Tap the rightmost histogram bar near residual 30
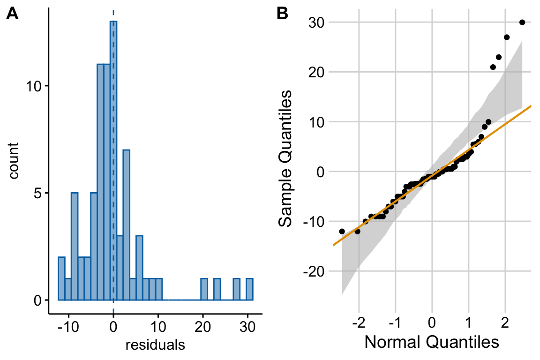(249, 289)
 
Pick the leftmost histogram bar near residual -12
(61, 278)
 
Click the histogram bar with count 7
(126, 225)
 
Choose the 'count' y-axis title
(15, 161)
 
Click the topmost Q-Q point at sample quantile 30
(522, 22)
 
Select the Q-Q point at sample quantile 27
(506, 37)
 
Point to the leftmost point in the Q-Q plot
(342, 231)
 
